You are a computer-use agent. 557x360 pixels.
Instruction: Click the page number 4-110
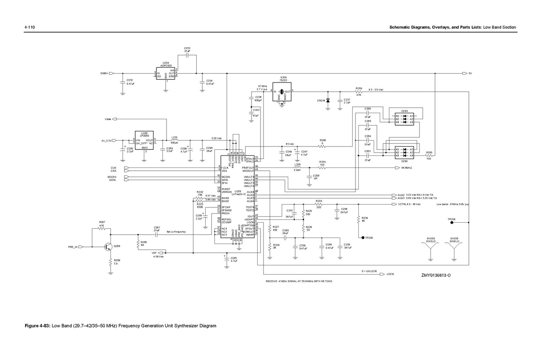30,28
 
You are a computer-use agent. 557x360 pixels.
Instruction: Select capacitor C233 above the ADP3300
187,54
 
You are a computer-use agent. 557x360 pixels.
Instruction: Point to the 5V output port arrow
465,73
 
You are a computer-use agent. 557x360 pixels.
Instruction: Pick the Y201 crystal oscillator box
282,92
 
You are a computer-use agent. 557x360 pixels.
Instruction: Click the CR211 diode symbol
328,100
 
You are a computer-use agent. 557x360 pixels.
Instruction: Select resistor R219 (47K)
359,92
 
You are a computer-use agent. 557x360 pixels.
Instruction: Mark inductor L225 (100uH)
174,140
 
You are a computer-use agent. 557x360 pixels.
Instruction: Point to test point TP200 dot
363,238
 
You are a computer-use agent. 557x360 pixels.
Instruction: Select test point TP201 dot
452,222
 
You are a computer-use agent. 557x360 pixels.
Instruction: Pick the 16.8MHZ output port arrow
397,167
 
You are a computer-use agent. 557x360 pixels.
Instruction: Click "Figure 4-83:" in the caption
38,326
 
